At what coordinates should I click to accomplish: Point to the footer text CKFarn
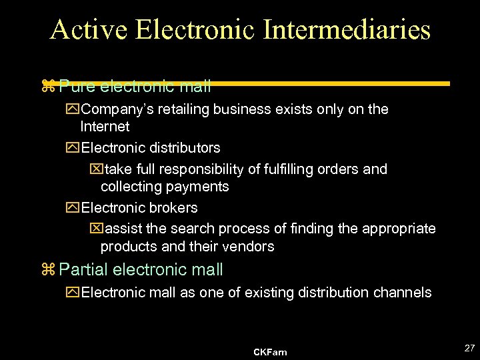(270, 351)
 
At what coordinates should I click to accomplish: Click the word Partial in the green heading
(84, 270)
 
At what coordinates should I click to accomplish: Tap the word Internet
(105, 127)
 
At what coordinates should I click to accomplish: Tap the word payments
(199, 187)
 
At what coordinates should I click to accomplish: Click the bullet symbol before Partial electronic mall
(47, 270)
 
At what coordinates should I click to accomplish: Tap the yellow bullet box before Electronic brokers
(74, 208)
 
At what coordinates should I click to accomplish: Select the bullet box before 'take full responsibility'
(95, 169)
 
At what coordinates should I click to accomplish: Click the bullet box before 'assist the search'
(95, 229)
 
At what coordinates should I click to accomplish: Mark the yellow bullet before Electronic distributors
(74, 147)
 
